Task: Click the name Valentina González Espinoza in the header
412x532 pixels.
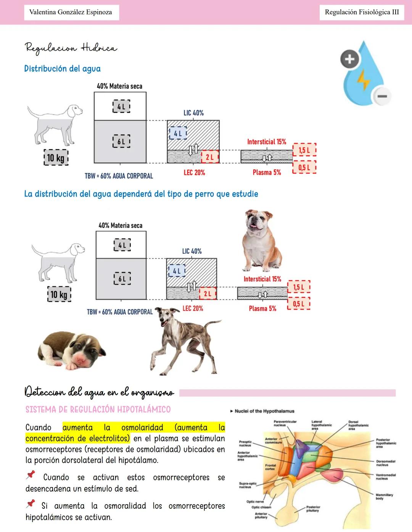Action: coord(71,12)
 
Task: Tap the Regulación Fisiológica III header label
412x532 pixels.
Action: coord(362,12)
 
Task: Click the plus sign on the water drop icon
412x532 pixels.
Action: coord(349,59)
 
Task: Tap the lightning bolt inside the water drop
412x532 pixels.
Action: coord(363,79)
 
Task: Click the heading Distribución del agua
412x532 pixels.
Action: coord(62,69)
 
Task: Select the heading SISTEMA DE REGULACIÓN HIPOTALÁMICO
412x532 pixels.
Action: coord(98,410)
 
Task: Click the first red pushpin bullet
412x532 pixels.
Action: coord(31,475)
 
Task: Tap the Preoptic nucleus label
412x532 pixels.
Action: coord(245,443)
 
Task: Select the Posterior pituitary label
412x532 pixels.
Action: coord(313,509)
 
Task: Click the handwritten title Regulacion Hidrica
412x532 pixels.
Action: coord(71,48)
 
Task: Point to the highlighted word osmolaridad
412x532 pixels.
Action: coord(142,428)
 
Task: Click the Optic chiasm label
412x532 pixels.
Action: coord(261,507)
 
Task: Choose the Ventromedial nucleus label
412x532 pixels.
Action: coord(385,477)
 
